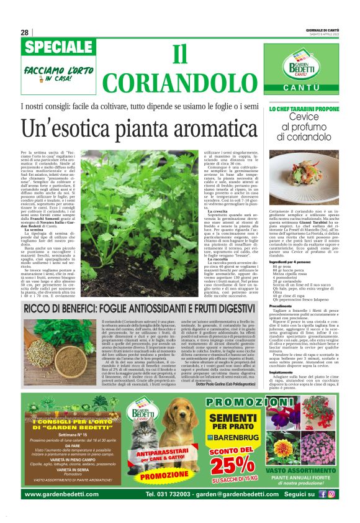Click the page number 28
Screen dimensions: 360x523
tap(24, 33)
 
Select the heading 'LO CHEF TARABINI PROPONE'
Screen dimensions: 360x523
tap(304, 109)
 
